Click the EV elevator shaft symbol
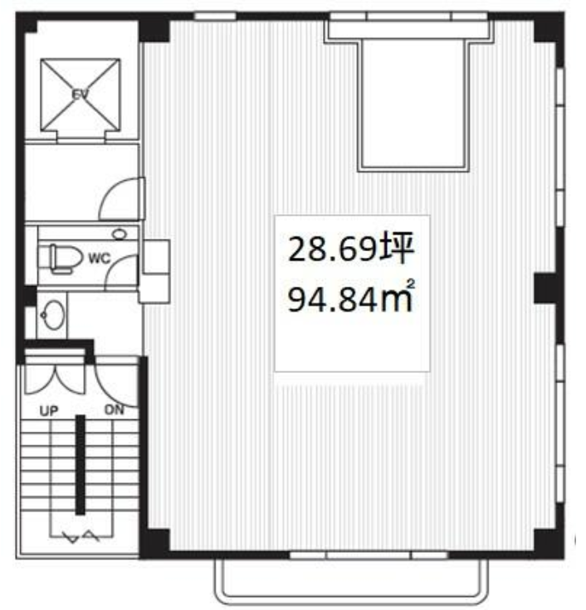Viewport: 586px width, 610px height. (81, 95)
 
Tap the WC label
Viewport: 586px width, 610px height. (100, 259)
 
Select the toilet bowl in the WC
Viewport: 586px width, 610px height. (66, 258)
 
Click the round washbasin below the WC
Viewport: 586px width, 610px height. (53, 314)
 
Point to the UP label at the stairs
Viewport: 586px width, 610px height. (49, 411)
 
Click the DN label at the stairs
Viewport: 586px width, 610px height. (115, 409)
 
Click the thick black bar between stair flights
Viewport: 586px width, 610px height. (81, 464)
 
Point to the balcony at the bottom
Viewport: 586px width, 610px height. (351, 580)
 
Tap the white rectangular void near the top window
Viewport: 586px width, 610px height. (413, 104)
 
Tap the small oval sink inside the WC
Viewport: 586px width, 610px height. (120, 235)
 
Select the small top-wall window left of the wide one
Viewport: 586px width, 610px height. (215, 16)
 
